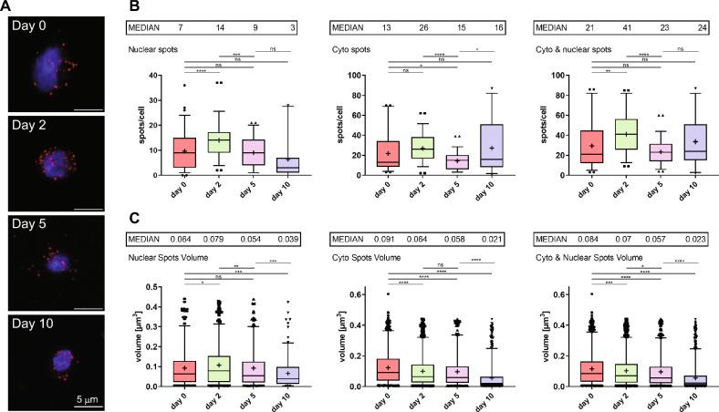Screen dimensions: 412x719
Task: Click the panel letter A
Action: pos(8,7)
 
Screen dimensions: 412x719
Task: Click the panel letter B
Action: pos(134,7)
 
